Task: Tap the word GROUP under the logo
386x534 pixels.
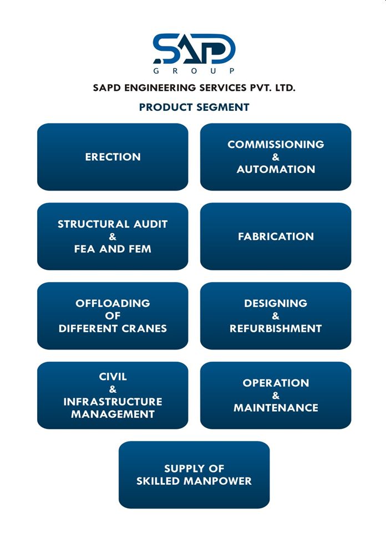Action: tap(194, 71)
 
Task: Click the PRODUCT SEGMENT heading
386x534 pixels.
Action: tap(194, 107)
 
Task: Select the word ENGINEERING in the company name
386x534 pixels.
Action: tap(161, 88)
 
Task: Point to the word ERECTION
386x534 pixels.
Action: tap(113, 157)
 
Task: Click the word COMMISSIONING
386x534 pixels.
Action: tap(276, 145)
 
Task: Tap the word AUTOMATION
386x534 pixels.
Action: tap(276, 170)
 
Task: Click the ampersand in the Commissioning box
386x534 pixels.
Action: tap(276, 157)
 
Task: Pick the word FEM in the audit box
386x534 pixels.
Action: tap(140, 249)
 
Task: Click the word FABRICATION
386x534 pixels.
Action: tap(276, 237)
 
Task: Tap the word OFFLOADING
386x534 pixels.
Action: tap(113, 304)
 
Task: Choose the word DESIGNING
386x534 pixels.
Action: tap(276, 304)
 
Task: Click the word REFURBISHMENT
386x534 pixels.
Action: tap(276, 328)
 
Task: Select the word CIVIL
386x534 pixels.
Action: tap(113, 377)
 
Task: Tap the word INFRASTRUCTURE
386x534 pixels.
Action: tap(113, 402)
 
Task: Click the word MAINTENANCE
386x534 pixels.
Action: tap(276, 408)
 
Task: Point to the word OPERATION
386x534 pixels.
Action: tap(276, 383)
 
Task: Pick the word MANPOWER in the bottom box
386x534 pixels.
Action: tap(217, 481)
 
